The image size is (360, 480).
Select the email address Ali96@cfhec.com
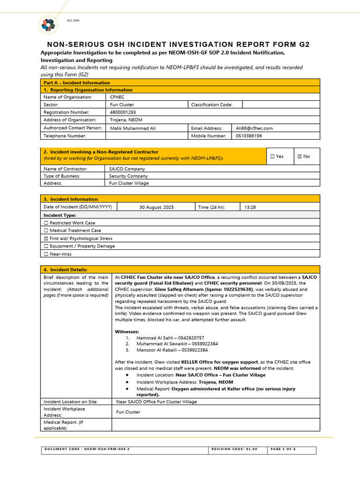click(x=254, y=128)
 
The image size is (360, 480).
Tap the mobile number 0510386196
click(x=249, y=136)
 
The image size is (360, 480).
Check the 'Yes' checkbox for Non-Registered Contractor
click(x=272, y=157)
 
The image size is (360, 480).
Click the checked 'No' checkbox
click(x=300, y=157)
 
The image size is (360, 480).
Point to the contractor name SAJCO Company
click(x=127, y=169)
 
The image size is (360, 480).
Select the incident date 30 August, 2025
click(x=157, y=207)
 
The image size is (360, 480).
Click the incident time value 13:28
click(x=250, y=207)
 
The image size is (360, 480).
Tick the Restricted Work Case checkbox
click(x=46, y=223)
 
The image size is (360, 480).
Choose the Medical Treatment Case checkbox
click(x=46, y=231)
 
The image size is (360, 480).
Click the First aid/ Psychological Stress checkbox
click(x=46, y=239)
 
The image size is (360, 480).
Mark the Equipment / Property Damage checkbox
click(x=46, y=246)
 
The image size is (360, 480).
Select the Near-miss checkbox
click(x=46, y=254)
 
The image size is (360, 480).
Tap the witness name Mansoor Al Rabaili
click(x=158, y=350)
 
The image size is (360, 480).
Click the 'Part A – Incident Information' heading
click(x=77, y=82)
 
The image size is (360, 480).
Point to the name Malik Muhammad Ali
click(x=133, y=128)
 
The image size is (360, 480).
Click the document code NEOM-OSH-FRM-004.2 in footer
click(x=87, y=449)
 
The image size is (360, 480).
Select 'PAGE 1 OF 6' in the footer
click(x=284, y=449)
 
